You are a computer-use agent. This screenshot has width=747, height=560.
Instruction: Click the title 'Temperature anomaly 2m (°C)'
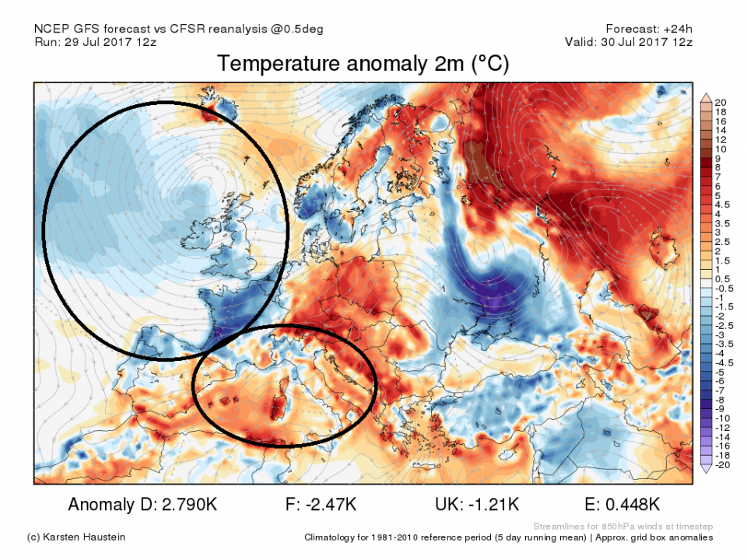(x=363, y=64)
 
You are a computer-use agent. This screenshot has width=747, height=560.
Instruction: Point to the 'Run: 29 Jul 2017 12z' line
(x=95, y=42)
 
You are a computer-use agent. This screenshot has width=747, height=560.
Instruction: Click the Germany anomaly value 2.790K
(x=186, y=505)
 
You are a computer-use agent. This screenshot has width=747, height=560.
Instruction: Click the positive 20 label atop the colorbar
(x=720, y=103)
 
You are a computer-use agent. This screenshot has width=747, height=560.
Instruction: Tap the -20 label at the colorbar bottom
(x=721, y=464)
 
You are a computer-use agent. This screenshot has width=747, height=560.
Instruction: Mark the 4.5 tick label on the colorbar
(x=723, y=205)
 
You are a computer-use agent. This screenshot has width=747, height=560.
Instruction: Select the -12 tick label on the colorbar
(x=721, y=427)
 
